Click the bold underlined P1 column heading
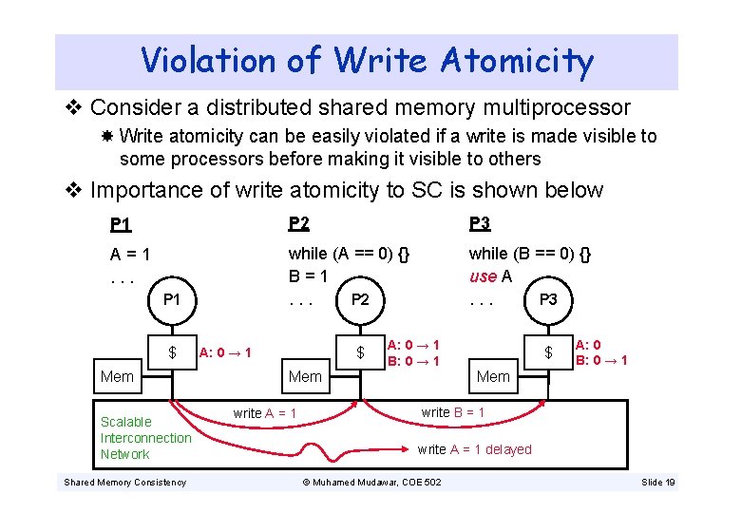[x=121, y=225]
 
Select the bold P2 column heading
[x=299, y=223]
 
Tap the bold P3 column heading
[x=480, y=223]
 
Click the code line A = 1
[x=131, y=255]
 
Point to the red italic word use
[x=483, y=276]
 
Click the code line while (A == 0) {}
[x=350, y=254]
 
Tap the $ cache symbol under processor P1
[x=172, y=353]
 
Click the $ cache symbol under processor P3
[x=548, y=353]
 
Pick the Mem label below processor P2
[x=305, y=376]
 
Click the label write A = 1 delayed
[x=474, y=449]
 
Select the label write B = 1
[x=452, y=412]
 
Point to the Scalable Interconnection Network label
[x=145, y=438]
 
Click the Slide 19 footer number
[x=657, y=483]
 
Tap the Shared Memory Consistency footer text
[x=124, y=483]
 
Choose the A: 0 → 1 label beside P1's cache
[x=225, y=353]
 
